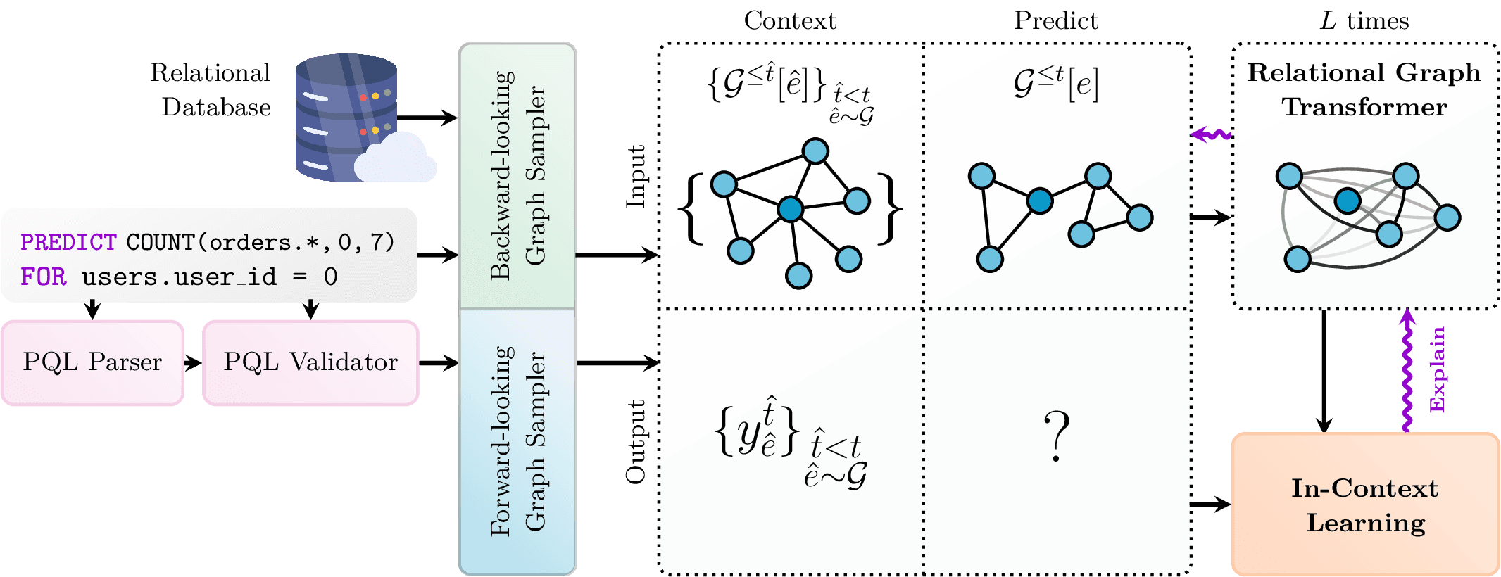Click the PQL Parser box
coord(92,362)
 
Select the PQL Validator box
coord(310,362)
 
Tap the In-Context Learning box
coord(1364,505)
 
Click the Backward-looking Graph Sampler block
coord(517,176)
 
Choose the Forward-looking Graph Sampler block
coord(517,441)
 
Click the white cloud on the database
coord(396,159)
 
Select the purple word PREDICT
coord(68,242)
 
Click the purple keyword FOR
coord(44,277)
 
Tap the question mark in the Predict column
coord(1056,436)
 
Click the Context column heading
coord(790,20)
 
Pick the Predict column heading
coord(1055,20)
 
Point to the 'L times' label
coord(1364,20)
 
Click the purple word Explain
coord(1438,369)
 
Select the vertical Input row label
coord(636,177)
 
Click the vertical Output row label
coord(636,441)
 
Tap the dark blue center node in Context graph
coord(791,208)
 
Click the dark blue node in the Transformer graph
coord(1348,201)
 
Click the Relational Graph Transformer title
coord(1364,89)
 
